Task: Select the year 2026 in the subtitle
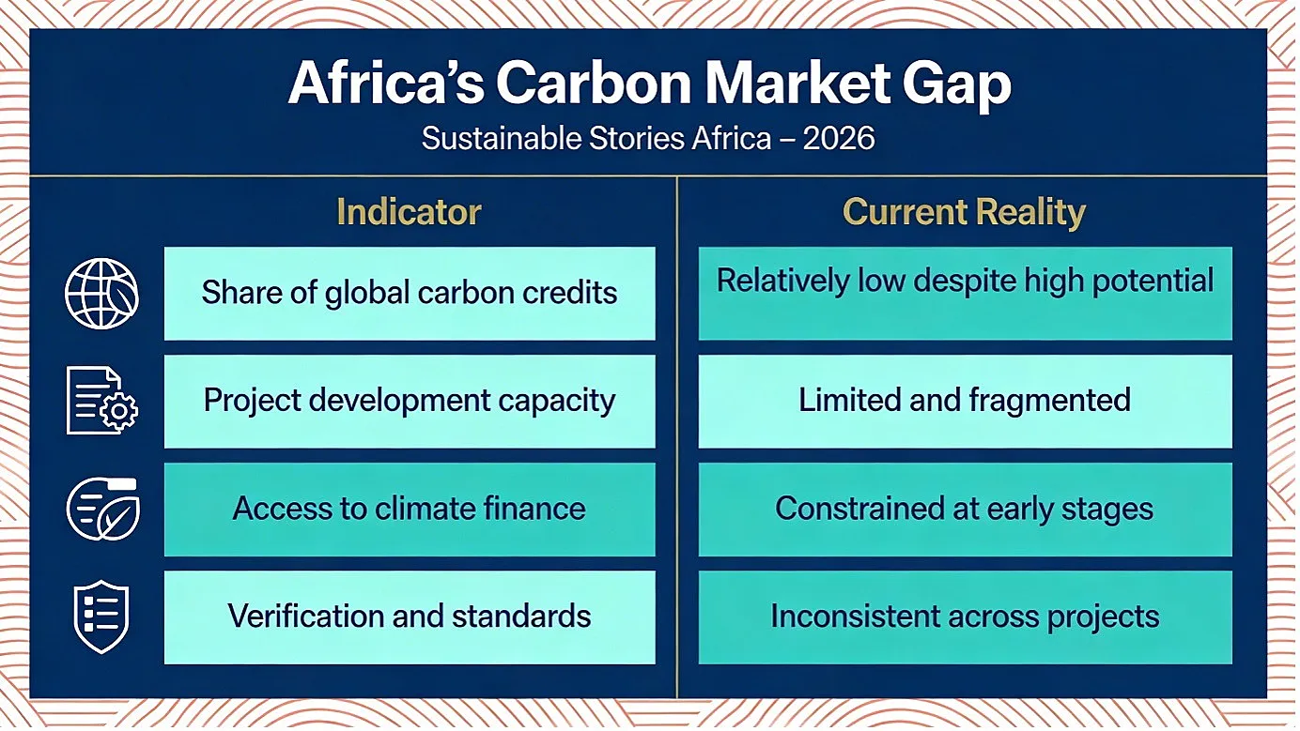pos(839,139)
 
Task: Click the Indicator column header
pos(410,211)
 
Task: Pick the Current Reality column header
pos(964,212)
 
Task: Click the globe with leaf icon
pos(101,294)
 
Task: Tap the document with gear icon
pos(102,401)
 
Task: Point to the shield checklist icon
pos(101,617)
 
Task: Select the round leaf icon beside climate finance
pos(102,509)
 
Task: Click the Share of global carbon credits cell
pos(410,294)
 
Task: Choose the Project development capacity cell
pos(410,401)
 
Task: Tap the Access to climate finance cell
pos(410,510)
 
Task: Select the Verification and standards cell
pos(410,617)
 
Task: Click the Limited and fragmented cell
pos(965,401)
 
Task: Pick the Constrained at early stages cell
pos(965,510)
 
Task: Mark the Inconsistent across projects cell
pos(965,617)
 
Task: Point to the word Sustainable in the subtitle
pos(502,139)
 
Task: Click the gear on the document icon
pos(119,411)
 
